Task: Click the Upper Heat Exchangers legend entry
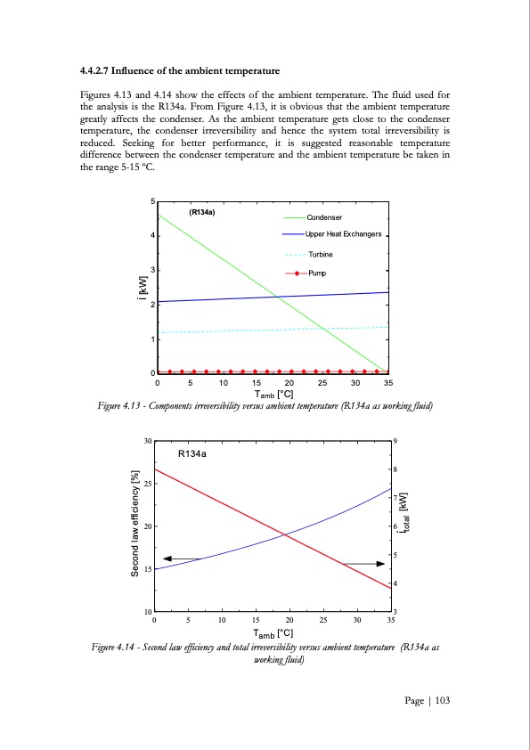pos(343,234)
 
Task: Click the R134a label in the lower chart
pos(192,454)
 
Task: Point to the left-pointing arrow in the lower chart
pos(183,558)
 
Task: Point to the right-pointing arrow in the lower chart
pos(363,564)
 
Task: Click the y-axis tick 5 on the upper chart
pos(151,201)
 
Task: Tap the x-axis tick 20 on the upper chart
pos(289,384)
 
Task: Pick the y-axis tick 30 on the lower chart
pos(147,441)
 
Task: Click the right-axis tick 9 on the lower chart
pos(395,441)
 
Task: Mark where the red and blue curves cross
pos(285,534)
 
